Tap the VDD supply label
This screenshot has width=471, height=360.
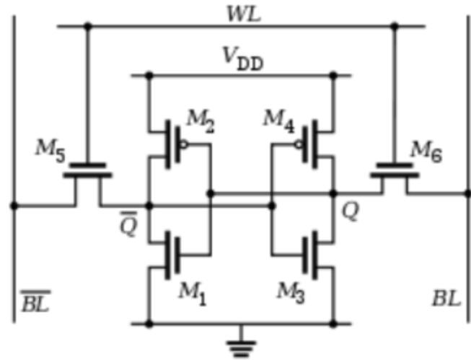[x=242, y=61]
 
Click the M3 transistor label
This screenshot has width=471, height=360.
[x=291, y=291]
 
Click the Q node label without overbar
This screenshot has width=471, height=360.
[x=349, y=214]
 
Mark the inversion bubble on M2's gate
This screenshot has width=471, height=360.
[x=184, y=144]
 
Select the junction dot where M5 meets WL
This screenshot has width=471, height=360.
[x=88, y=27]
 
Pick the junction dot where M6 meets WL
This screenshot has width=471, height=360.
[x=394, y=27]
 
